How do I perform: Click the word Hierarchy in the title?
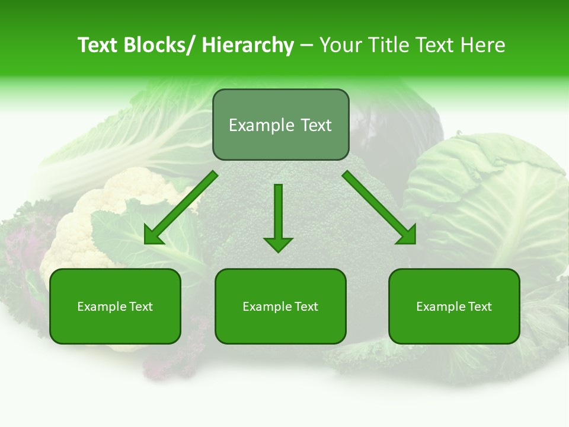[248, 46]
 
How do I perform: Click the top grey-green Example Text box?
[280, 125]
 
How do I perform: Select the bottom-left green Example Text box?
[115, 307]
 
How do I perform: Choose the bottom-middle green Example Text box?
[280, 307]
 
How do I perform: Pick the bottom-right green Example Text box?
[454, 307]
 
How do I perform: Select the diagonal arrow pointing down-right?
[380, 208]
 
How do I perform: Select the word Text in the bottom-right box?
[479, 307]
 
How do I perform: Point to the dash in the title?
[306, 46]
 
